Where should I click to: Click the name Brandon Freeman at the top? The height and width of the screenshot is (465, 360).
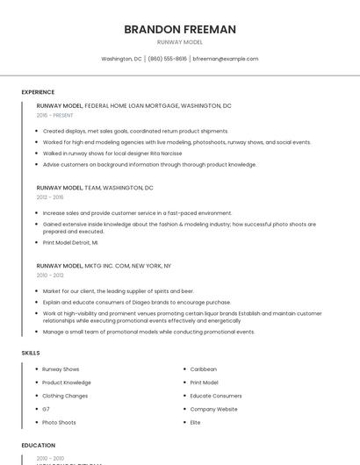tap(180, 29)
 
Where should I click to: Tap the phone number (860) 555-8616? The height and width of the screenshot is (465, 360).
tap(167, 59)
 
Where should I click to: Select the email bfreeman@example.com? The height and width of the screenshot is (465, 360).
tap(225, 59)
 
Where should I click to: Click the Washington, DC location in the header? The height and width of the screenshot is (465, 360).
tap(121, 59)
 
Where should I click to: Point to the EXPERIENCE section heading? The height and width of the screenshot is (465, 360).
tap(38, 92)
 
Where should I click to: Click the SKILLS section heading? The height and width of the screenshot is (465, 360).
tap(31, 353)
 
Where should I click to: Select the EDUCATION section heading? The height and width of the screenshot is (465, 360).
tap(39, 446)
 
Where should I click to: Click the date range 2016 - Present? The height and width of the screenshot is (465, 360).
tap(55, 115)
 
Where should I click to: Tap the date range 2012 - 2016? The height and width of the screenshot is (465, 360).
tap(51, 197)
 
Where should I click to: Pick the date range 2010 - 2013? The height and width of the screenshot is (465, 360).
tap(51, 275)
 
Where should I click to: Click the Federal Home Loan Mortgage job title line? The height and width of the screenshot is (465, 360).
tap(133, 105)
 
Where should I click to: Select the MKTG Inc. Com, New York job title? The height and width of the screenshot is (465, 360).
tap(104, 265)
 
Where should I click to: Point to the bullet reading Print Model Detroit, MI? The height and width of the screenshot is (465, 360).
tap(70, 242)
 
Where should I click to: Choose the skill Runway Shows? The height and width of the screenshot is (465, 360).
tap(61, 369)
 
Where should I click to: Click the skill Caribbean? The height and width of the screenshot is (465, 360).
tap(203, 369)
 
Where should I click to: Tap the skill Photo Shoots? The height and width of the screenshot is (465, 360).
tap(59, 422)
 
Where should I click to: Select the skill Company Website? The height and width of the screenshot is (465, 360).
tap(213, 409)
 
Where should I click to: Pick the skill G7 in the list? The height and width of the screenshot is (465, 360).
tap(46, 409)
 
